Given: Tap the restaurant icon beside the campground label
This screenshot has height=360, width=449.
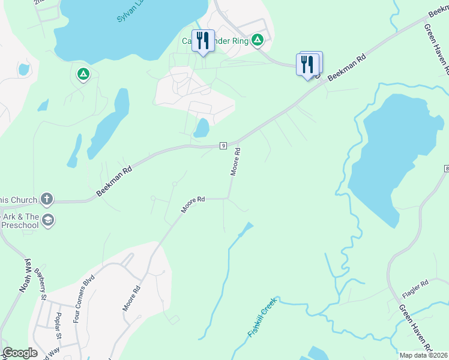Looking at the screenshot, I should pyautogui.click(x=202, y=41).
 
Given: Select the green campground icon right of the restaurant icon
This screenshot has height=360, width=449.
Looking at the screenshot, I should pyautogui.click(x=258, y=40).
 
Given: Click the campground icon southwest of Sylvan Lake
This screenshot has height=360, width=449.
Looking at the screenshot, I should pyautogui.click(x=83, y=74).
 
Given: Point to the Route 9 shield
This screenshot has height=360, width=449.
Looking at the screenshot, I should pyautogui.click(x=223, y=145).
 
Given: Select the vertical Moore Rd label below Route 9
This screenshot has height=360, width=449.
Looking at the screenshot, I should pyautogui.click(x=236, y=161).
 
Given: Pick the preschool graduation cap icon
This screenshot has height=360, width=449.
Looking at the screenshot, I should pyautogui.click(x=48, y=221).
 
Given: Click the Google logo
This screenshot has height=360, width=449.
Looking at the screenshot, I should pyautogui.click(x=20, y=353).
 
